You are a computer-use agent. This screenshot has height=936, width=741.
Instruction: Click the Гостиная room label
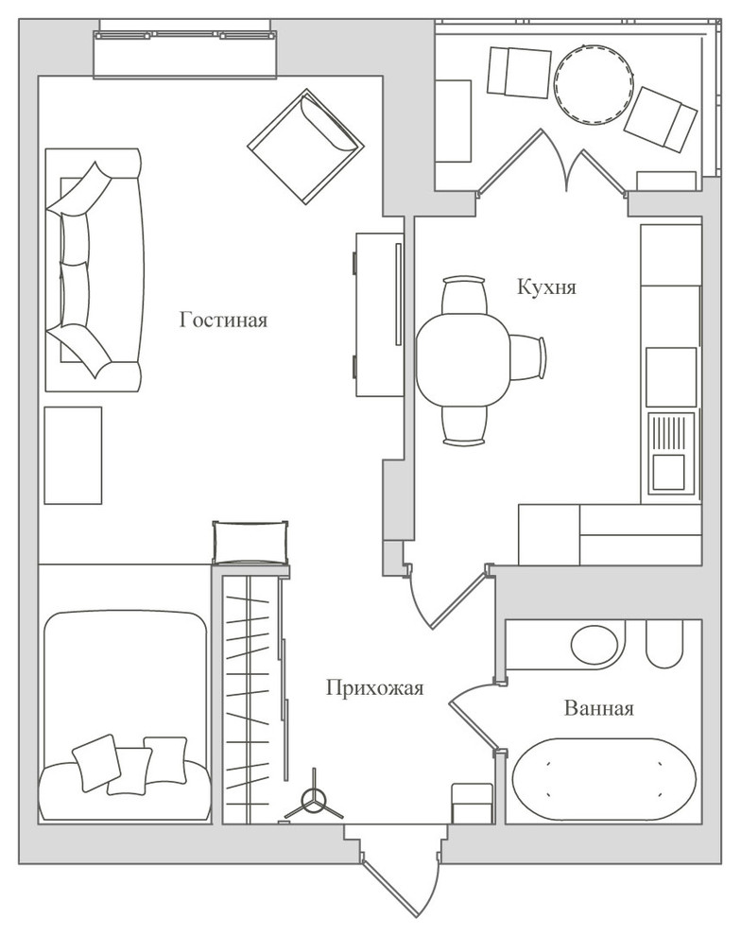click(x=223, y=320)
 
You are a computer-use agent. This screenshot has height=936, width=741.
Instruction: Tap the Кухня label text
click(x=546, y=287)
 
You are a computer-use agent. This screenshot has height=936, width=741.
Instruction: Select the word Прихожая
click(x=374, y=687)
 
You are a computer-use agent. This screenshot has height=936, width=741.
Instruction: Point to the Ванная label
click(x=598, y=708)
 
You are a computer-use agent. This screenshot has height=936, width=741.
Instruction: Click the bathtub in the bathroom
click(x=604, y=780)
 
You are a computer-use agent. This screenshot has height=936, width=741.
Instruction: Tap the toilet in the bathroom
click(x=664, y=644)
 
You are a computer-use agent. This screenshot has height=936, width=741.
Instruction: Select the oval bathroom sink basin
click(x=595, y=644)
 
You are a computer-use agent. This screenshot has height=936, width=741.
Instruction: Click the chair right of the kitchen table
click(x=527, y=357)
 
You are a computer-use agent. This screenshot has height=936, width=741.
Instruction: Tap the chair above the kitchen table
click(x=463, y=295)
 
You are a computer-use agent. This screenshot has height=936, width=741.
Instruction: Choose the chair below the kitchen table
click(x=463, y=425)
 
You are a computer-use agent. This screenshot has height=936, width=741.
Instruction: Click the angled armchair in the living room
click(x=305, y=147)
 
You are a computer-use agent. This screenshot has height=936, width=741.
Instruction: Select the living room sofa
click(x=95, y=269)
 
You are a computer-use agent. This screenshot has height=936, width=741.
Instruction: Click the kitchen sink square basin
click(x=668, y=472)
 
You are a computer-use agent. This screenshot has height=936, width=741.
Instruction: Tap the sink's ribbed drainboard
click(x=671, y=432)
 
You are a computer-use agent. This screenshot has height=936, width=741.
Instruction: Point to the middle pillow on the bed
click(x=129, y=771)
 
